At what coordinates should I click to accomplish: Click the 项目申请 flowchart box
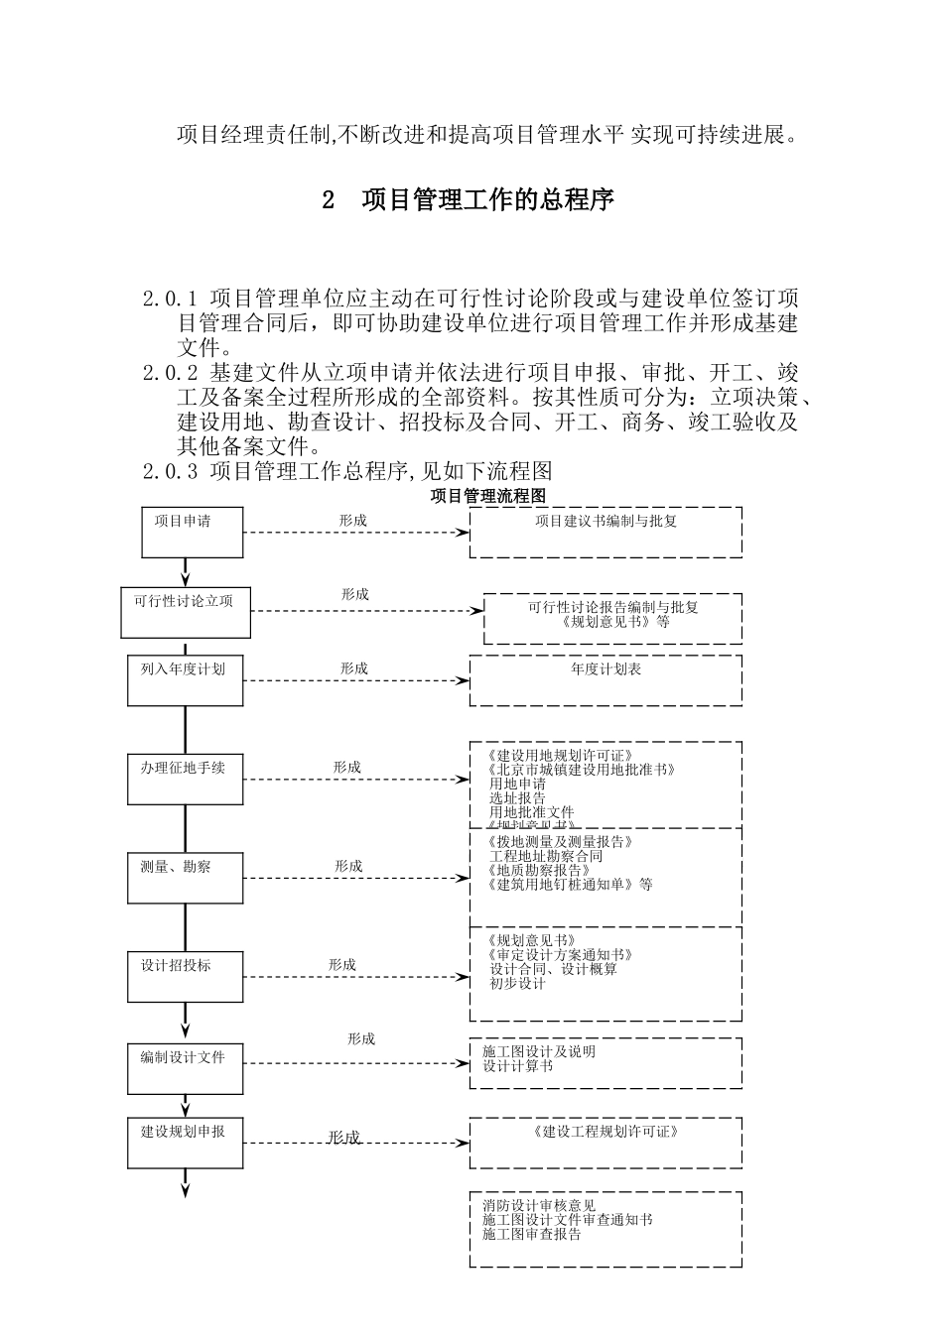coord(186,532)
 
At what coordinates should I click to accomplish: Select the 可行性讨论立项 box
coord(186,612)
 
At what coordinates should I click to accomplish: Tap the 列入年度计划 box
coord(186,680)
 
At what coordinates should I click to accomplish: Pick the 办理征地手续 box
coord(186,780)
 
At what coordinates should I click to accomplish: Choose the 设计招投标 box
coord(186,976)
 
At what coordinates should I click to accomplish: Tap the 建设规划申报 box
coord(186,1143)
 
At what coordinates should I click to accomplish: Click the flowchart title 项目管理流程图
coord(488,495)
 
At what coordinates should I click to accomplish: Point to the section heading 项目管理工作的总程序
coord(487,200)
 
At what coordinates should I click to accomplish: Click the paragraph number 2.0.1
coord(171,298)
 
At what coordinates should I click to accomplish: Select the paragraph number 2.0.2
coord(171,373)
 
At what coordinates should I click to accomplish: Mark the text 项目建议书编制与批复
coord(606,521)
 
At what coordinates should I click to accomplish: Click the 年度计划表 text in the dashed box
coord(606,669)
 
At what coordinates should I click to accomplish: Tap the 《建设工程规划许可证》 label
coord(606,1131)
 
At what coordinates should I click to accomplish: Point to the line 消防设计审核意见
coord(539,1206)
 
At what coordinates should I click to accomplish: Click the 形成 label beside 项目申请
coord(352,520)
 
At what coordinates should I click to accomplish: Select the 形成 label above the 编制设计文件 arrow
coord(361,1038)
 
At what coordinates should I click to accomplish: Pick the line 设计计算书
coord(518,1066)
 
